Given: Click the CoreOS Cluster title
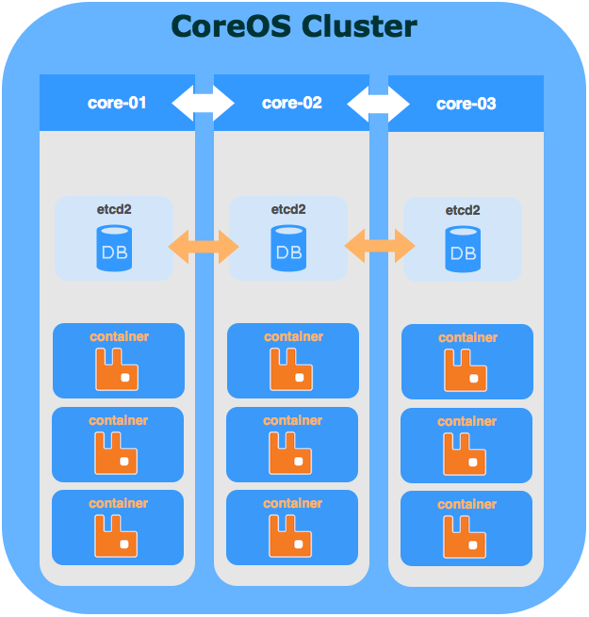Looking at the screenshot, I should [293, 26].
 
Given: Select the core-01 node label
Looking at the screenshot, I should [117, 103].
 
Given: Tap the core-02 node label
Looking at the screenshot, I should [292, 103].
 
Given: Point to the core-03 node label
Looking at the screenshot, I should [466, 104].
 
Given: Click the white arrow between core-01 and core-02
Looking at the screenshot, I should [202, 103].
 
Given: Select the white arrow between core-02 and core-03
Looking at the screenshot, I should [378, 103].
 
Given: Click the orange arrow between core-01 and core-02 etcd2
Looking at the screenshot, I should [204, 248].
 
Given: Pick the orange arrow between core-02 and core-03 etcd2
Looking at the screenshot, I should [379, 248].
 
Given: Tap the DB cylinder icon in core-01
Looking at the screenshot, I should [114, 248].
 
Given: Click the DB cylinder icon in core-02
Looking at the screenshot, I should [288, 248].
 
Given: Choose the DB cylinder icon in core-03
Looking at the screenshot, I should [463, 250].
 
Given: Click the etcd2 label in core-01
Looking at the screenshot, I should [114, 209].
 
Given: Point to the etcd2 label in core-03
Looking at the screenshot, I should [463, 210].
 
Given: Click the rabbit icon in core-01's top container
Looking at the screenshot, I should [117, 369].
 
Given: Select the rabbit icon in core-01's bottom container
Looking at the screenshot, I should [117, 536].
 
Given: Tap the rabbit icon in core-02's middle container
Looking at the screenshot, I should [291, 454].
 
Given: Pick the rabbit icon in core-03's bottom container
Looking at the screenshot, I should [466, 537].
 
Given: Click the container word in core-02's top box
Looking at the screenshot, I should [293, 336].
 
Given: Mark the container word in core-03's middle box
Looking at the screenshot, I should [467, 422].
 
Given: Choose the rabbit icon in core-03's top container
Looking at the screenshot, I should [466, 370].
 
